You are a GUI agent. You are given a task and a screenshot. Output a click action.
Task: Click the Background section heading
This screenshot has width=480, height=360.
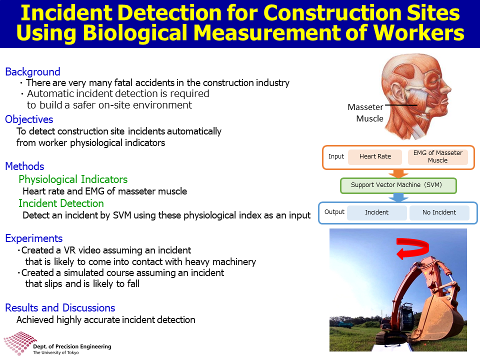33,71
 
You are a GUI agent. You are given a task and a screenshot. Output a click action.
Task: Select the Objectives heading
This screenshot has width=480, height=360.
29,119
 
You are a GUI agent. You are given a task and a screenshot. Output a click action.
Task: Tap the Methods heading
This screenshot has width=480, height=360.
25,166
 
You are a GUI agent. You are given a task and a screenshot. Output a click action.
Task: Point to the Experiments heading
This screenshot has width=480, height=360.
34,238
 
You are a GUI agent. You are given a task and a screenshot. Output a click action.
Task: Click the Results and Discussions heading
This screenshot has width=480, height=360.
60,307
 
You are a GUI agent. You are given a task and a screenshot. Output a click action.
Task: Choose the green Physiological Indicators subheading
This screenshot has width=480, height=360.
73,179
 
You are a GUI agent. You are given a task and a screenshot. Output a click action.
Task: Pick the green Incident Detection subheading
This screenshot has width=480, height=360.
61,203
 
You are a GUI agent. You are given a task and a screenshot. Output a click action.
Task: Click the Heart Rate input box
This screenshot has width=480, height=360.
375,156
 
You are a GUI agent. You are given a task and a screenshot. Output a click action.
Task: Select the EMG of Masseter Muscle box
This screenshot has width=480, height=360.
438,156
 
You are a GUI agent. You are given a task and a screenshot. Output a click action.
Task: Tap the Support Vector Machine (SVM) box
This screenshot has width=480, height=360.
398,185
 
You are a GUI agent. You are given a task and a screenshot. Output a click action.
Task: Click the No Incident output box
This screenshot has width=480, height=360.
439,213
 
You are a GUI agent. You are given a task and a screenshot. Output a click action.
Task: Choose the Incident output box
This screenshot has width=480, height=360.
377,213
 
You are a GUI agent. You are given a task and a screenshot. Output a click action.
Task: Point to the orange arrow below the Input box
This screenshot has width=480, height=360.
398,173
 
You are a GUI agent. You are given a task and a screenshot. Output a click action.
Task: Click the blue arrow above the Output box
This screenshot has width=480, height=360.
398,197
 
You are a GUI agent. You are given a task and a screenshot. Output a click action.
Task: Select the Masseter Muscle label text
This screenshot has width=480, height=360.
365,113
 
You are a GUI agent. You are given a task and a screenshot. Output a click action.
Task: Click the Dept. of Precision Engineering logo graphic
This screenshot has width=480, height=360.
20,343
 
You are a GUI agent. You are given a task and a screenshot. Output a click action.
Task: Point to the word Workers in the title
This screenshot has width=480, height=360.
418,33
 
